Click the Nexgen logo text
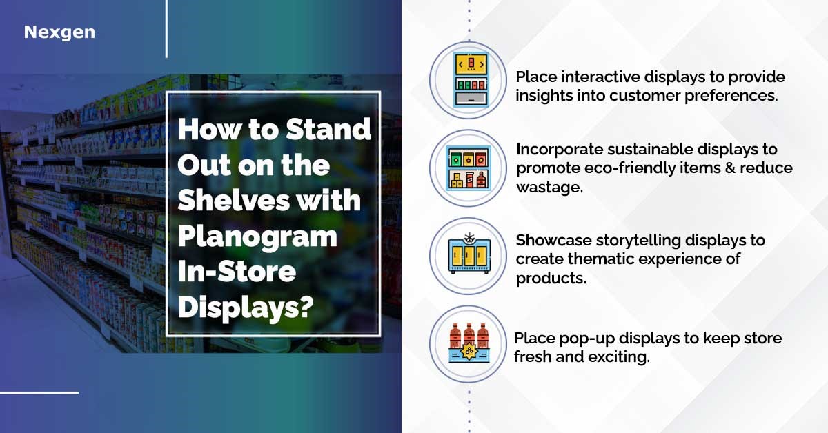(59, 32)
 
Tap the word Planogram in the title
(257, 236)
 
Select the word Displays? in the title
(246, 307)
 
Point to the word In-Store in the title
(237, 272)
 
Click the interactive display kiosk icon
(471, 80)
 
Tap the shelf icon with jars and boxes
(469, 168)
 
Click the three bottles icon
(469, 343)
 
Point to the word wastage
(549, 188)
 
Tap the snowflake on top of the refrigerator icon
(469, 238)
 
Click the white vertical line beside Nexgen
(167, 29)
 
